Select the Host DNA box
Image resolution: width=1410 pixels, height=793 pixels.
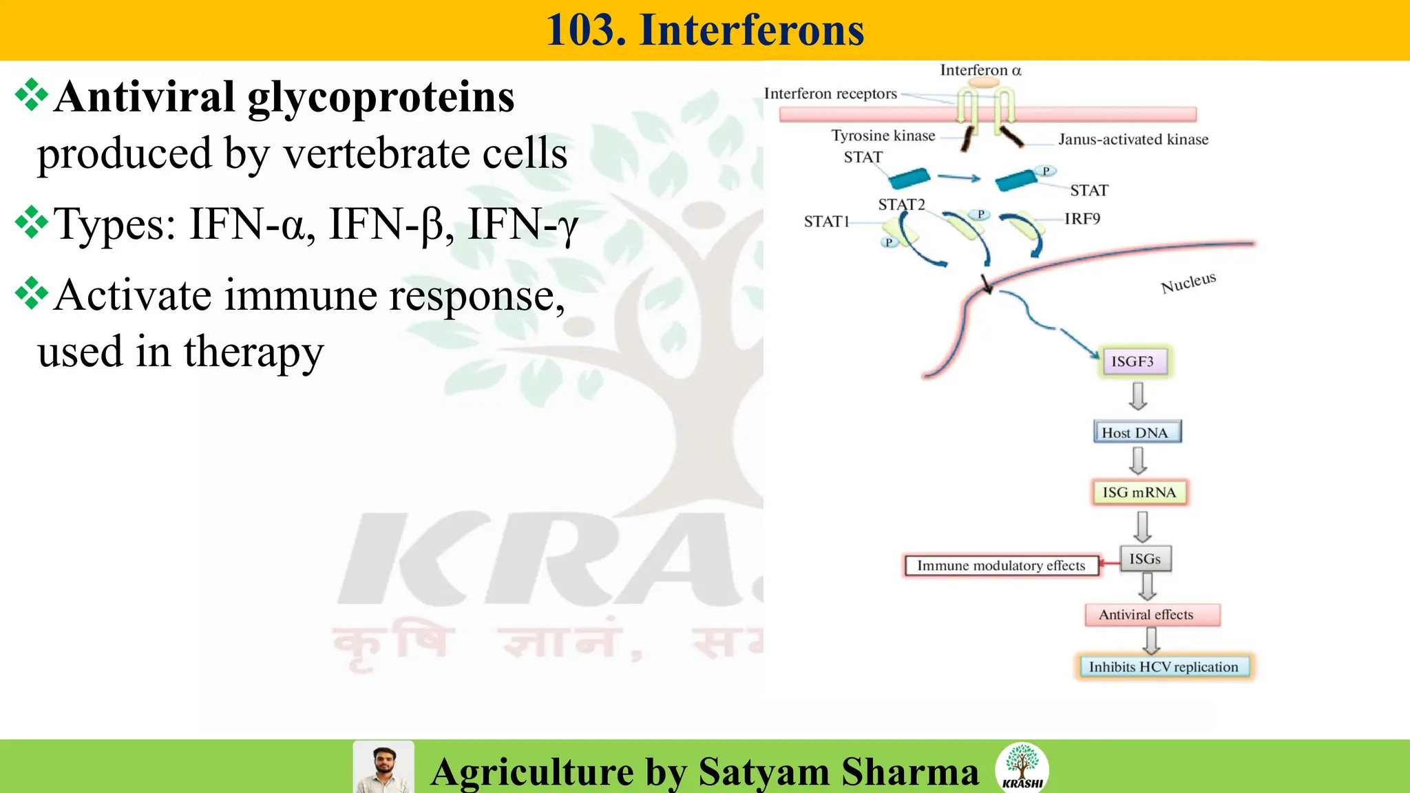(1137, 432)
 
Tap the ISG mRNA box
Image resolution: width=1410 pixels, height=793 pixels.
(1139, 492)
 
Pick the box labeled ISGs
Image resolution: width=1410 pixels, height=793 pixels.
(1145, 559)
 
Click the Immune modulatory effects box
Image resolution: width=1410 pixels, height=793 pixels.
(1001, 566)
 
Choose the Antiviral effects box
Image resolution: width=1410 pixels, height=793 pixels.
(1152, 615)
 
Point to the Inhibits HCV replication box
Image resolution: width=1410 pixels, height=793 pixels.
(1164, 666)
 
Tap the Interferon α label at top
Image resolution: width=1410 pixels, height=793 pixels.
(980, 70)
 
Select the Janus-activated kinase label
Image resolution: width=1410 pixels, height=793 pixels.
(1133, 140)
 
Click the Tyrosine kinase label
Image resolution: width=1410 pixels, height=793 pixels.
(883, 136)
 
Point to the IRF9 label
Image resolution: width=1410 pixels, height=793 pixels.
(1082, 219)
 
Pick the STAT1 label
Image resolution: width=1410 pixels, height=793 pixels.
(826, 222)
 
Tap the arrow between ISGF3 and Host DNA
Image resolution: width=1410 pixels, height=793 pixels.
(1138, 396)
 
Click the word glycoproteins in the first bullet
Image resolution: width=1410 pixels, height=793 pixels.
(381, 98)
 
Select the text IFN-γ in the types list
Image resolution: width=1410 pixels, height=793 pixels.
(523, 224)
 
